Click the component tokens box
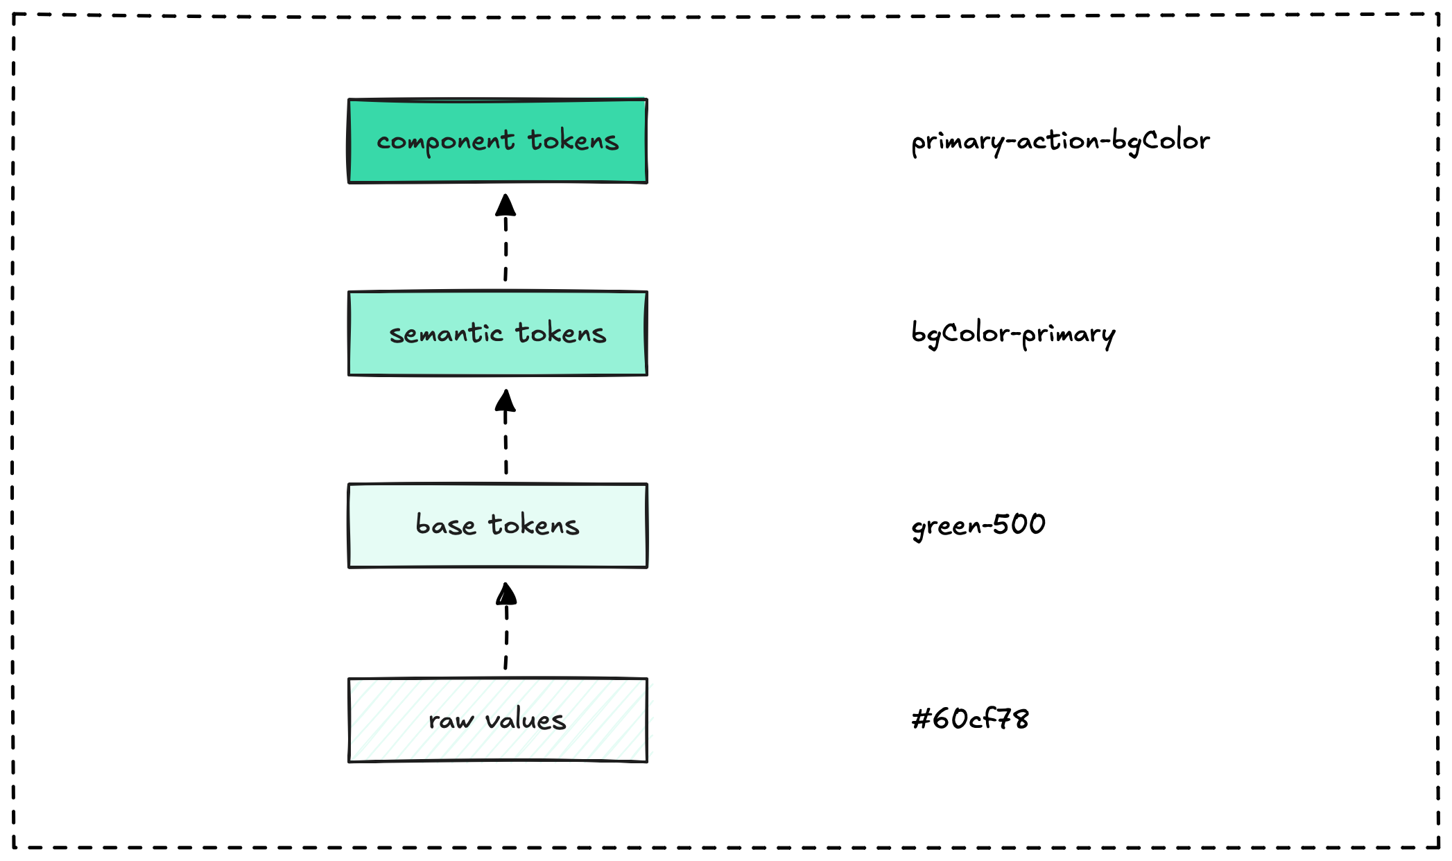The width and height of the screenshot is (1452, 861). [497, 141]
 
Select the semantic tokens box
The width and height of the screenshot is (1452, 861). [497, 333]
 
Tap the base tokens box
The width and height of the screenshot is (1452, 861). [497, 525]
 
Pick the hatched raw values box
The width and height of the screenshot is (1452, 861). [497, 720]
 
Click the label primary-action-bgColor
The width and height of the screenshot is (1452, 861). [1060, 142]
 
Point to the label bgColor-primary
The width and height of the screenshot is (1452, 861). [1013, 335]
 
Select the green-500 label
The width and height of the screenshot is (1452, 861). [978, 526]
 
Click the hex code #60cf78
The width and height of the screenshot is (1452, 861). [970, 719]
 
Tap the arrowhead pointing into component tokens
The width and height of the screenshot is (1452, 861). [505, 205]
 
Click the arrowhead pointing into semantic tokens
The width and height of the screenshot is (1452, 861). [505, 400]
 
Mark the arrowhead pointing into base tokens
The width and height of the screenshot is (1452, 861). [506, 593]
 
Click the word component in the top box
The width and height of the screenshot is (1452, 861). [445, 143]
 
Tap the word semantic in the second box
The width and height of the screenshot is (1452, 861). [445, 333]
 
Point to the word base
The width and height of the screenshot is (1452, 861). [445, 525]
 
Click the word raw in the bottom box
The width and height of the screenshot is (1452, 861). [451, 722]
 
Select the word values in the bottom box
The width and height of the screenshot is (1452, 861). [525, 720]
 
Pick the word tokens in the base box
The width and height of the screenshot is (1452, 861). [533, 525]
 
